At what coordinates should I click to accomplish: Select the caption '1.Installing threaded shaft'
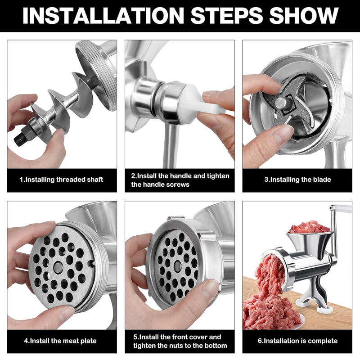pyautogui.click(x=61, y=180)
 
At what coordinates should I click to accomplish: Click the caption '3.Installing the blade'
pyautogui.click(x=297, y=180)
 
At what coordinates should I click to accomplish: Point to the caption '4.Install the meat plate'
pyautogui.click(x=61, y=341)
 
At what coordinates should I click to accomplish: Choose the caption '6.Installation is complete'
pyautogui.click(x=297, y=341)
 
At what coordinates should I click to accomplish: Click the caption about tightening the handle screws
pyautogui.click(x=180, y=180)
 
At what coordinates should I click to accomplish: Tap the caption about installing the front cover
pyautogui.click(x=180, y=341)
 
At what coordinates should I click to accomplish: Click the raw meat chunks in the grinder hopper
pyautogui.click(x=309, y=228)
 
